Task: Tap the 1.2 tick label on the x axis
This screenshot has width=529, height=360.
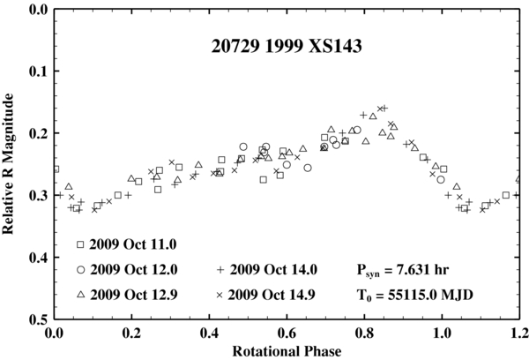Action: coord(518,334)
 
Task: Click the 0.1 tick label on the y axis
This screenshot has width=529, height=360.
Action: coord(36,71)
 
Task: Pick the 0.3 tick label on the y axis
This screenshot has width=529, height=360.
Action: coord(36,196)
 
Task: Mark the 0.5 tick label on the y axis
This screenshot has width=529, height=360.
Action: coord(36,319)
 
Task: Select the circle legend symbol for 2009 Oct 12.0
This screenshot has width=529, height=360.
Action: coord(80,270)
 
